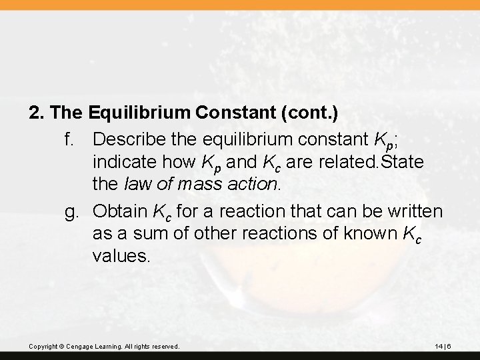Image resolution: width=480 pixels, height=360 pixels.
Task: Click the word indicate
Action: tap(125, 163)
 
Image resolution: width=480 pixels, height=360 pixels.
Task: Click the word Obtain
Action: tap(120, 211)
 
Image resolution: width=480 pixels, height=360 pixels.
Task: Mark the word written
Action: tap(414, 211)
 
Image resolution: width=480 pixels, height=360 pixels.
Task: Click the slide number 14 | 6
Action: tap(443, 347)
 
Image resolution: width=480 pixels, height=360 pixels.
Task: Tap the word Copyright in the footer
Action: tap(42, 347)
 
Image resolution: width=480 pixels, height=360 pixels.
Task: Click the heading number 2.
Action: tap(35, 113)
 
